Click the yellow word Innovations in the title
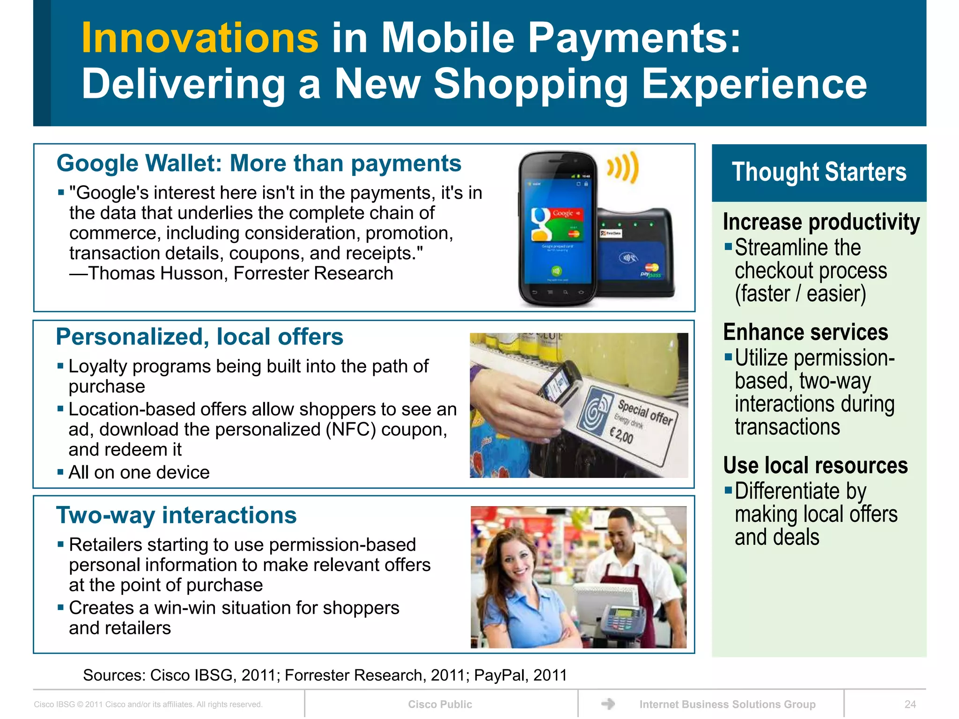[200, 38]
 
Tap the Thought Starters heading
[819, 172]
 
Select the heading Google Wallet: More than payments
[259, 163]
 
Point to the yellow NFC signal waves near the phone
[623, 167]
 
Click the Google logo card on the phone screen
[557, 223]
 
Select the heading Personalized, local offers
[199, 337]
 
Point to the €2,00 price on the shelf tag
[621, 436]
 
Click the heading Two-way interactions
[177, 515]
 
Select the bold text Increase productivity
[821, 222]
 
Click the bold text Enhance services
[805, 332]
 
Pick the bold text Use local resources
[815, 465]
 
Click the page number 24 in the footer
[910, 704]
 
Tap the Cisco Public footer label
[440, 704]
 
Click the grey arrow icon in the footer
[608, 704]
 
